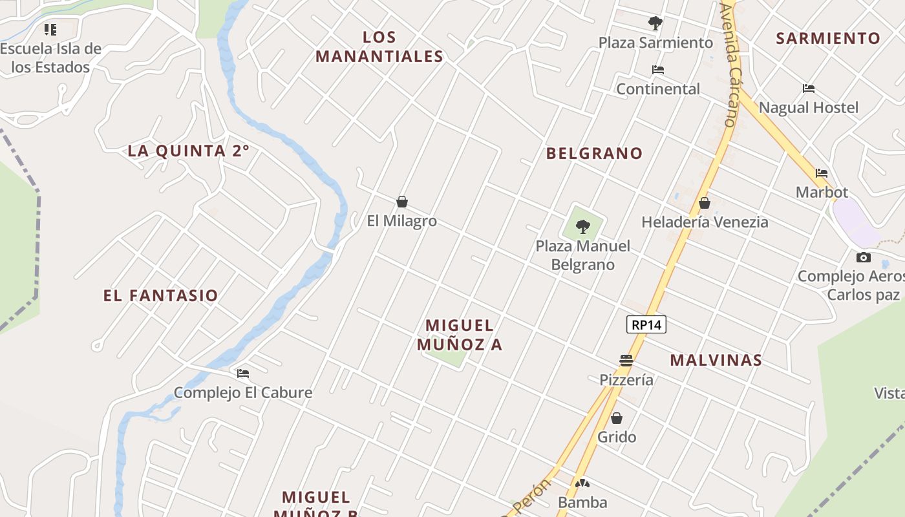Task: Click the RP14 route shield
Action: [646, 324]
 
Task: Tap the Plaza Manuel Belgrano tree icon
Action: [583, 226]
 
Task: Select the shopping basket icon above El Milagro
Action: [402, 202]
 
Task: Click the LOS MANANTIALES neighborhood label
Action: [379, 47]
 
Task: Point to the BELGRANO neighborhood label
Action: [594, 153]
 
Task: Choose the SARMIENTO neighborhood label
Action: [828, 38]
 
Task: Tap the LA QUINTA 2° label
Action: [188, 151]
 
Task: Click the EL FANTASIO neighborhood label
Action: [160, 296]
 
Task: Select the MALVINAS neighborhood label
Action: [716, 361]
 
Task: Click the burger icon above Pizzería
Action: [626, 361]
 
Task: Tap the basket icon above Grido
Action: [617, 418]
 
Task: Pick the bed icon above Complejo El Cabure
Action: [243, 374]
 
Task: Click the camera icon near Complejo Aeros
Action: [863, 257]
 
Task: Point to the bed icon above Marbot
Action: [822, 173]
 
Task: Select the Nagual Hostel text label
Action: [808, 107]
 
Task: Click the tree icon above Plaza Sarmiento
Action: [655, 24]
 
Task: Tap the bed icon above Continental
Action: [658, 70]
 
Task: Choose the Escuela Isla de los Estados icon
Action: [50, 29]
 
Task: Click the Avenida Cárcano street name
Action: [729, 65]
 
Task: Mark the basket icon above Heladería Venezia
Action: [705, 203]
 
